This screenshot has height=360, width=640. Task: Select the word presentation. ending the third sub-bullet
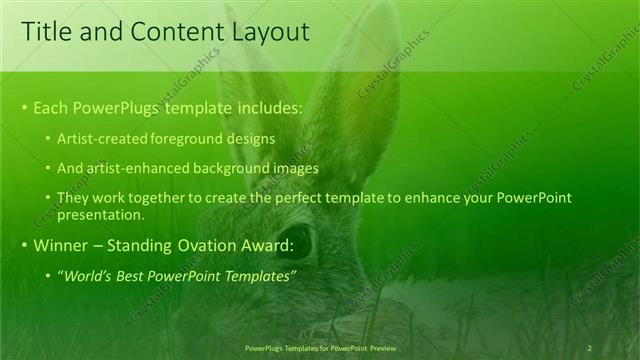(101, 214)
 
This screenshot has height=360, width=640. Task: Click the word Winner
(60, 245)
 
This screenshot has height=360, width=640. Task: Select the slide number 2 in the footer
(589, 348)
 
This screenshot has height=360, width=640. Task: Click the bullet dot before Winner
(25, 246)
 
